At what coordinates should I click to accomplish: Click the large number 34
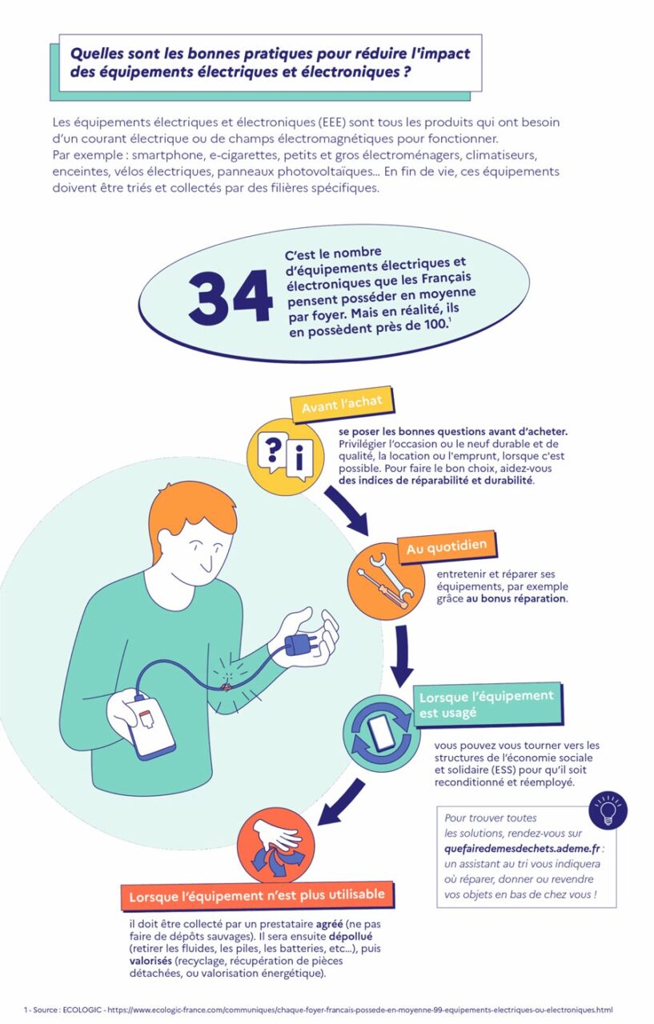(231, 296)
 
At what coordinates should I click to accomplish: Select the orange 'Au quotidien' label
(447, 549)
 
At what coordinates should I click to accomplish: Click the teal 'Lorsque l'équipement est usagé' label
(487, 703)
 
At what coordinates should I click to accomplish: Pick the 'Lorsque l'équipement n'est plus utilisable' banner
(257, 894)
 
